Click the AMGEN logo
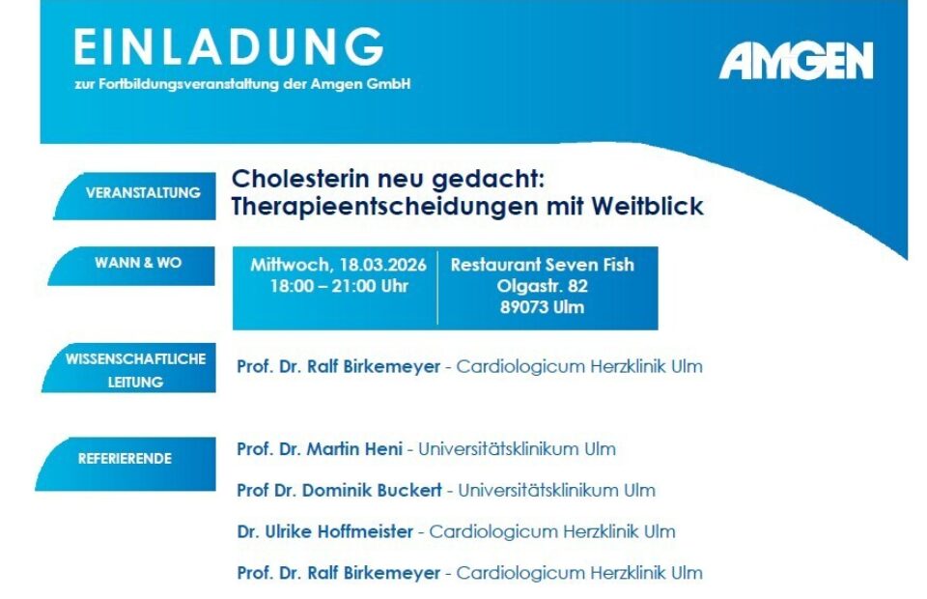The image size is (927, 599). point(795,62)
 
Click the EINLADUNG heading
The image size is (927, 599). point(229,46)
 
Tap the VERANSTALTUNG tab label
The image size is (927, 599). point(143,192)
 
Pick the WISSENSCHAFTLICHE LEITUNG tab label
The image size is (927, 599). point(135,370)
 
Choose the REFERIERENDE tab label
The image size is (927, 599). point(125,458)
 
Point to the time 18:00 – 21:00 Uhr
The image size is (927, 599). point(338,286)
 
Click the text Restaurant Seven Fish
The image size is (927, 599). point(542,265)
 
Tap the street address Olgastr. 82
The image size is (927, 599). point(542,286)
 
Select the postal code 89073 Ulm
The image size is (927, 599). point(542,308)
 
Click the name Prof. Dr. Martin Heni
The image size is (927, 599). point(320,449)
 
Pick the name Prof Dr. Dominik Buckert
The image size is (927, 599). point(339,491)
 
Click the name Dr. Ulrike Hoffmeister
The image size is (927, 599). point(324,531)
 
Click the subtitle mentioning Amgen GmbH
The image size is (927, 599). point(242,84)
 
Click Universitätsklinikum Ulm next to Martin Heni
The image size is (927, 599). point(517,449)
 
